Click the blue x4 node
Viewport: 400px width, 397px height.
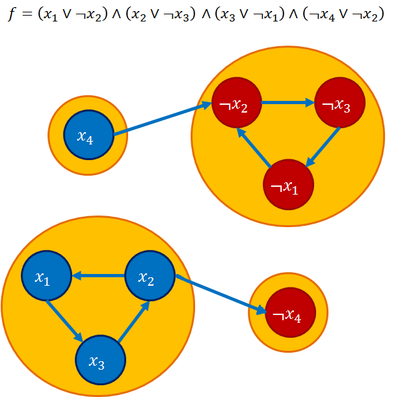[x=89, y=136]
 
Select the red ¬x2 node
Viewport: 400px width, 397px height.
[x=237, y=103]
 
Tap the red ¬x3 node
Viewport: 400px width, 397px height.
[x=340, y=103]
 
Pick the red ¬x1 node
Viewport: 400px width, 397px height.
[x=288, y=185]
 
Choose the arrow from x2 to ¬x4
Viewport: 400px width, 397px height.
[x=221, y=296]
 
